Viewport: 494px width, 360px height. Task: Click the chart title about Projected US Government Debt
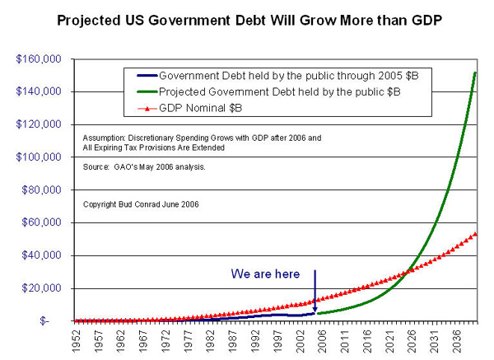246,18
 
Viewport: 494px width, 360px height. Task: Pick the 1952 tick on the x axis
77,339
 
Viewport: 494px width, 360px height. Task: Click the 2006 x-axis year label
320,339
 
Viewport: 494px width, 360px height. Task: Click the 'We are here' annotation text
265,274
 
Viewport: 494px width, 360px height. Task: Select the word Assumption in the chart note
106,138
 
